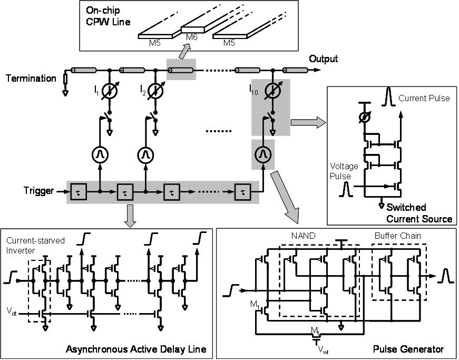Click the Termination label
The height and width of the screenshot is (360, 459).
[31, 79]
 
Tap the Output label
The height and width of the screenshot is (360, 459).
[323, 59]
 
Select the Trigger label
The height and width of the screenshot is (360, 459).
[38, 191]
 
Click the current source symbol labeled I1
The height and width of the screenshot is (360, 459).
[109, 91]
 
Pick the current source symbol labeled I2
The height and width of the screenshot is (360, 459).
[155, 91]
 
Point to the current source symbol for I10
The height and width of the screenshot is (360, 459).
[272, 91]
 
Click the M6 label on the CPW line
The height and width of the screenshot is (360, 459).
[191, 37]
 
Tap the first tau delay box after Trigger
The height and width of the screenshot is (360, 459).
[79, 192]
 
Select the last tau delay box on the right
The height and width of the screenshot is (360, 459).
[242, 192]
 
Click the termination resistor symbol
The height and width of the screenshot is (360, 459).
[65, 79]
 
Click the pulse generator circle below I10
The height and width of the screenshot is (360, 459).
[263, 154]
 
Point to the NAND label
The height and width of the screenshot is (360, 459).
[303, 236]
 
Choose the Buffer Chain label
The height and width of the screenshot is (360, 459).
[397, 236]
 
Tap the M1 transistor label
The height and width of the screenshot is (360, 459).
[255, 304]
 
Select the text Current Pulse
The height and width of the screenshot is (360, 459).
[424, 99]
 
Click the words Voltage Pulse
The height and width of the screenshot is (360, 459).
[344, 171]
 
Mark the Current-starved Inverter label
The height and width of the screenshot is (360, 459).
[35, 246]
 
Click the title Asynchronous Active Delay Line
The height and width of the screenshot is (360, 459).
[136, 349]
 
